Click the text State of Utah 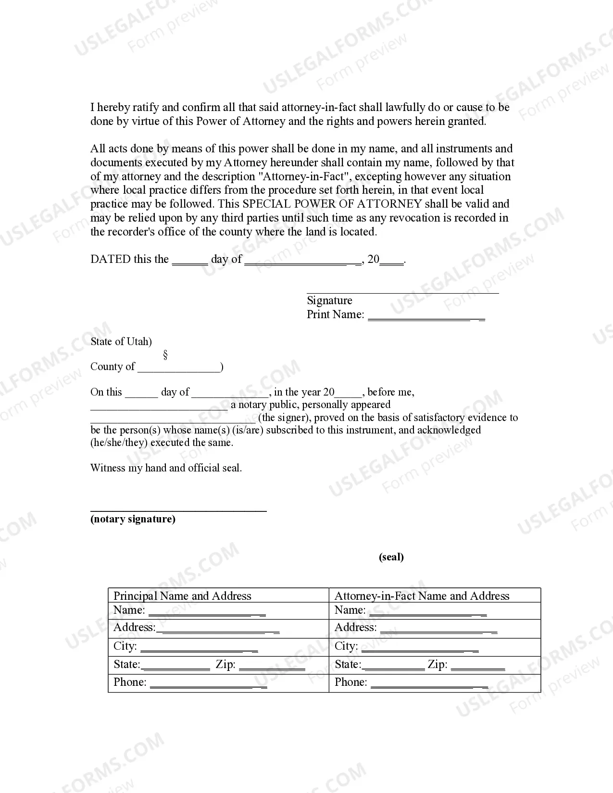pyautogui.click(x=121, y=342)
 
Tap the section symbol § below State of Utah pyautogui.click(x=165, y=355)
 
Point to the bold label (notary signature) pyautogui.click(x=133, y=519)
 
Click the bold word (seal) pyautogui.click(x=391, y=557)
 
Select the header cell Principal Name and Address pyautogui.click(x=182, y=596)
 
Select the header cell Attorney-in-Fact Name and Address pyautogui.click(x=422, y=596)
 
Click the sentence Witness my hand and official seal pyautogui.click(x=166, y=468)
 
